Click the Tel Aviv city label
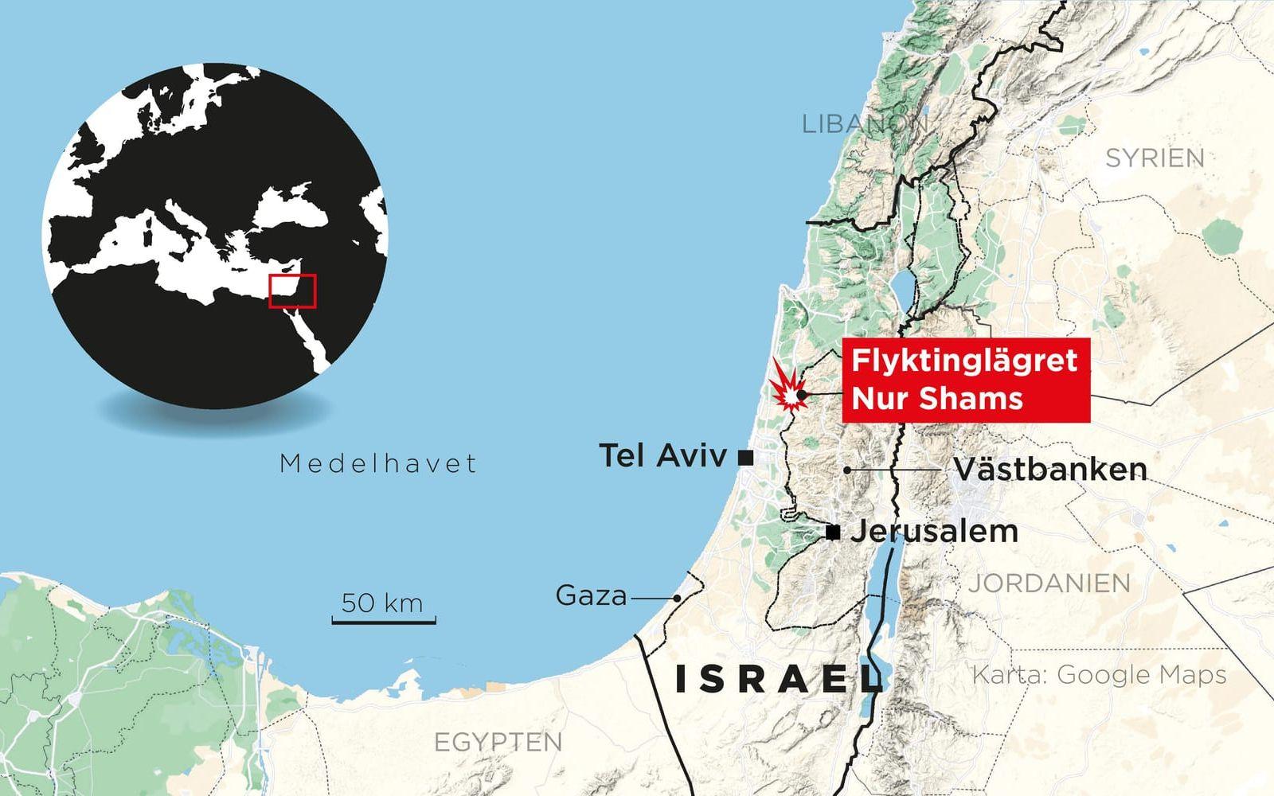662,456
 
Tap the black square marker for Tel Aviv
745,457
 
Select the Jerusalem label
934,532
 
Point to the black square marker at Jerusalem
833,533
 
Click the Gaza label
591,595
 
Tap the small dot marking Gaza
677,598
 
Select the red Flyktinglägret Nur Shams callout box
966,380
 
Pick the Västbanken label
1050,470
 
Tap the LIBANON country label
865,124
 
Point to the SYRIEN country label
1155,158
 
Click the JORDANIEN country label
1049,583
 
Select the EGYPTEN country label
498,743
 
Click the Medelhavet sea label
378,463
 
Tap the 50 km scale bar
383,618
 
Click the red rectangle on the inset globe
292,291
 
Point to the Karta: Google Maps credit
1099,675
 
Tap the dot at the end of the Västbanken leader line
847,470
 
